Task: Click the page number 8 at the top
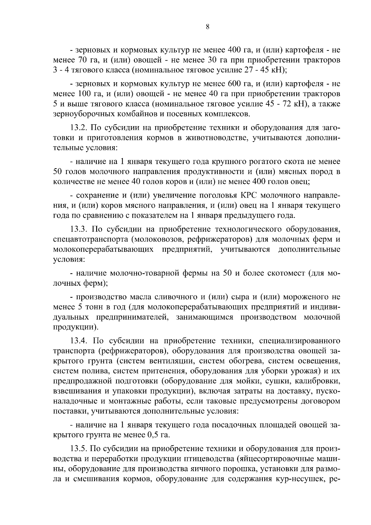(207, 27)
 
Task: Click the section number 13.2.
(79, 128)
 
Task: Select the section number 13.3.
(79, 229)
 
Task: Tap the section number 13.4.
(79, 341)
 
